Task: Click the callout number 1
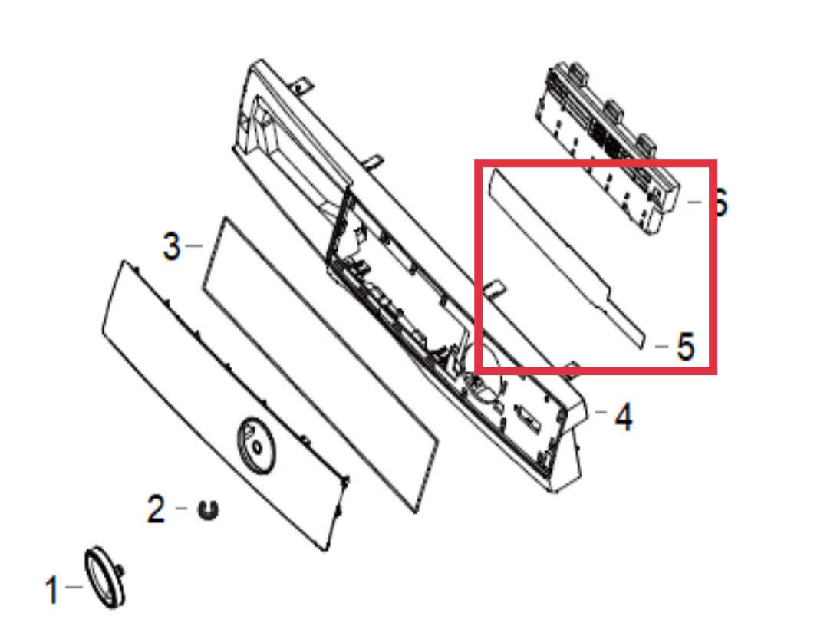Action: coord(51,589)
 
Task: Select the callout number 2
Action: coord(157,509)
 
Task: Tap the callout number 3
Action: coord(171,246)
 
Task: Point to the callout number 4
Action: coord(624,417)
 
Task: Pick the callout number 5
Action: coord(685,347)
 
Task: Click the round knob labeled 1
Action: coord(105,577)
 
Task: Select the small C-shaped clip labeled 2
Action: coord(208,509)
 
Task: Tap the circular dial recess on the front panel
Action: coord(256,446)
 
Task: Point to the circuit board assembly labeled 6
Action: coord(607,147)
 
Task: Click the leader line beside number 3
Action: coord(194,245)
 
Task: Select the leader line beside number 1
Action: coord(74,586)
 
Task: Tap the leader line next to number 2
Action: coord(181,509)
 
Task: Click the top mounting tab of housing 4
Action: coord(301,85)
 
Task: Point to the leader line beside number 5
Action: coord(661,346)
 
